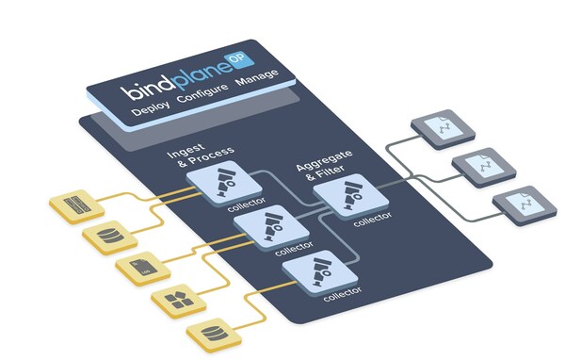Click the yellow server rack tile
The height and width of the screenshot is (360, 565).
point(74,204)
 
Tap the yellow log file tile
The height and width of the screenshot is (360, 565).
point(140,268)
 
